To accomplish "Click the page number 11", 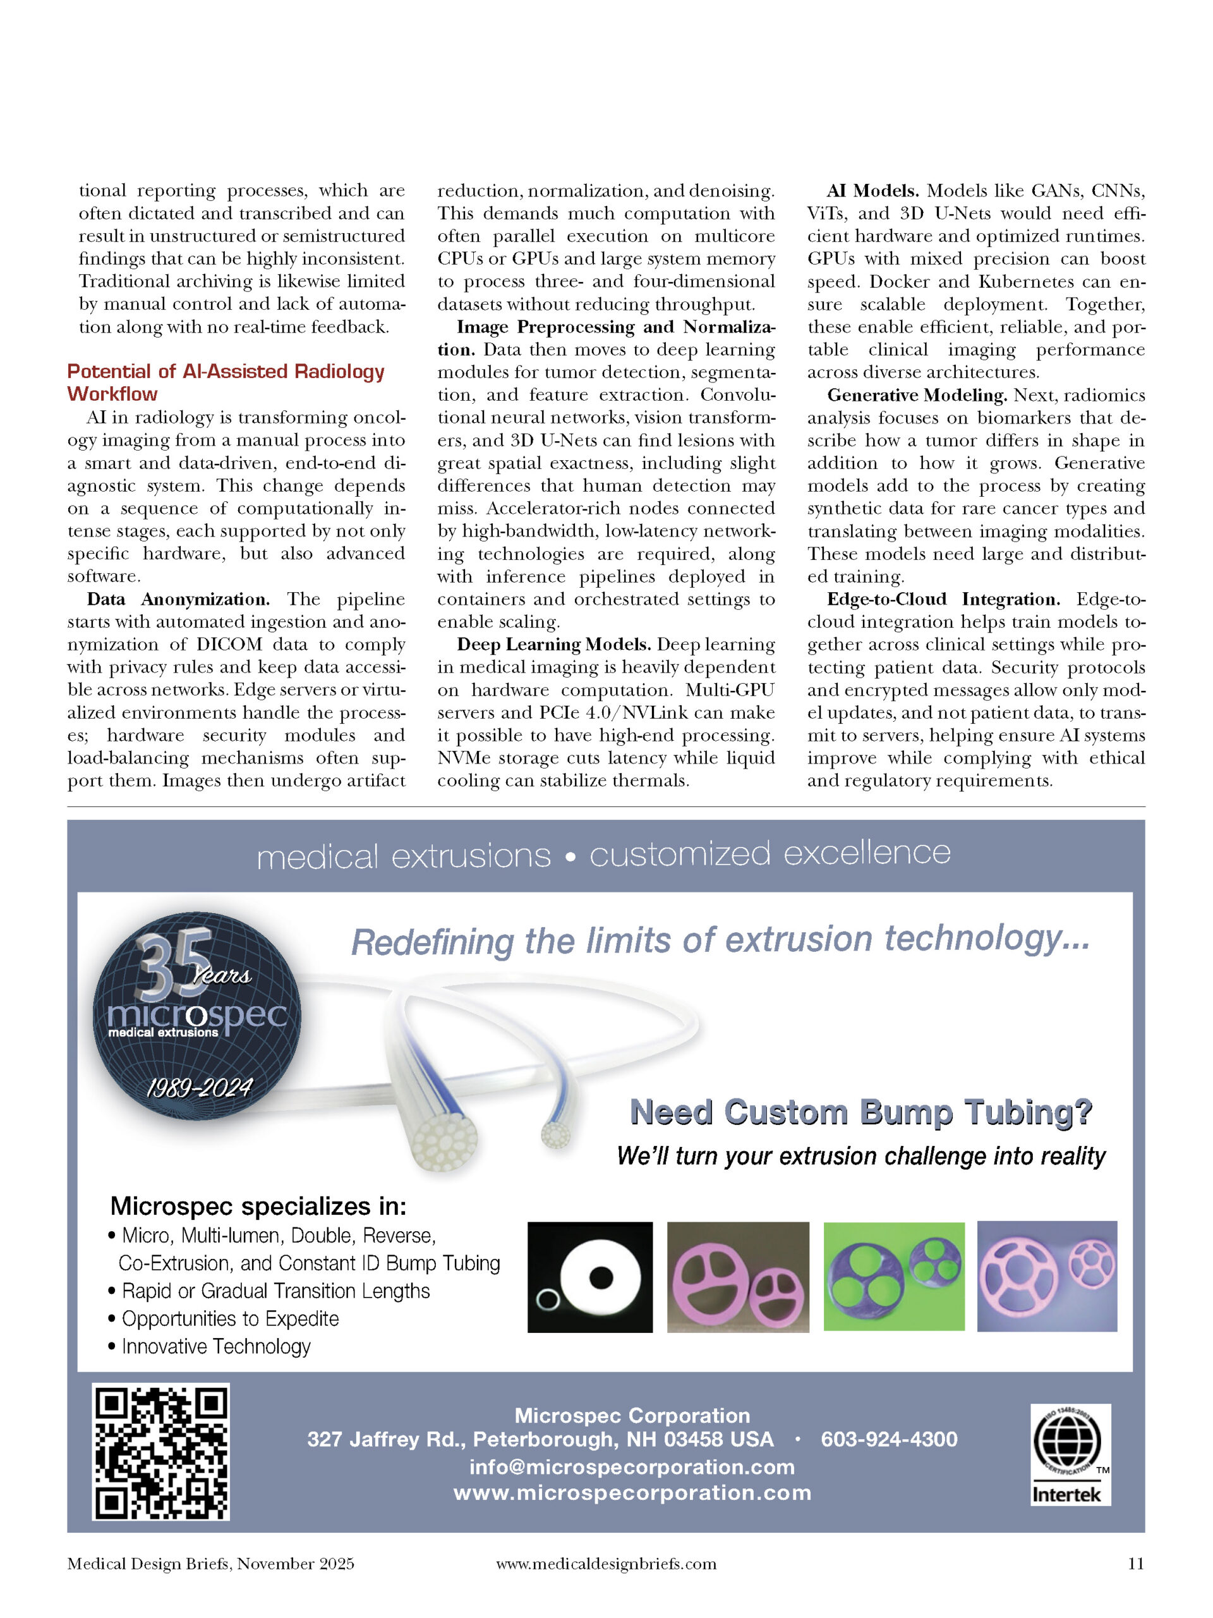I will pyautogui.click(x=1135, y=1564).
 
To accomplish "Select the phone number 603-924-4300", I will pyautogui.click(x=888, y=1439).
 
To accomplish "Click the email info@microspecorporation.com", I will pyautogui.click(x=632, y=1466).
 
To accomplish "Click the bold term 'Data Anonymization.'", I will pyautogui.click(x=178, y=599).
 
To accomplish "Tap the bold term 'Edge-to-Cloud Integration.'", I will pyautogui.click(x=943, y=599).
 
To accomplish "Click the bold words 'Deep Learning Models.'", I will pyautogui.click(x=553, y=645).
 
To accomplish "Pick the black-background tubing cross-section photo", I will pyautogui.click(x=589, y=1277).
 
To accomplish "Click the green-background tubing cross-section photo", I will pyautogui.click(x=893, y=1277).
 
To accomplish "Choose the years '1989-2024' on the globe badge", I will pyautogui.click(x=199, y=1088).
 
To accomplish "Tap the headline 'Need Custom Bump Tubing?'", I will pyautogui.click(x=860, y=1112).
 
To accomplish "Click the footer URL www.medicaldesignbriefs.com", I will pyautogui.click(x=606, y=1564).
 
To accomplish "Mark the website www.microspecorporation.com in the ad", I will pyautogui.click(x=632, y=1492).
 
